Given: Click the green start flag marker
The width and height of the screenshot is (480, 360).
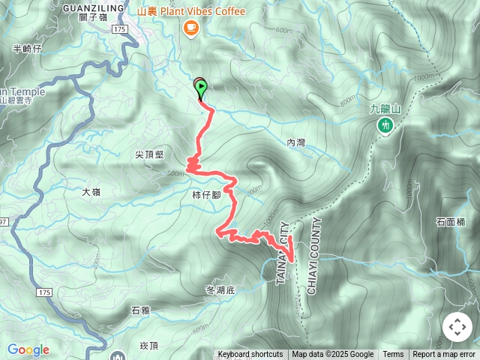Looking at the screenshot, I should pyautogui.click(x=201, y=89).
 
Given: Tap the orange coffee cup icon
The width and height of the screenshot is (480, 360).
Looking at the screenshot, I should pyautogui.click(x=190, y=28).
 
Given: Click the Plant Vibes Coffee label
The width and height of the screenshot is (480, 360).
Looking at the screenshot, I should pyautogui.click(x=191, y=11).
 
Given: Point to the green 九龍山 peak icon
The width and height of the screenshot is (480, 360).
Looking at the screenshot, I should pyautogui.click(x=385, y=125).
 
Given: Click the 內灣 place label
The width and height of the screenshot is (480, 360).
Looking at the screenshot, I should pyautogui.click(x=296, y=142).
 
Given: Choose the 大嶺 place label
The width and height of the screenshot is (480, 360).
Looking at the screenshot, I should pyautogui.click(x=91, y=192).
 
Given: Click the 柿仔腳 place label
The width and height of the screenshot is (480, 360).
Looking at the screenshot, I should pyautogui.click(x=205, y=194).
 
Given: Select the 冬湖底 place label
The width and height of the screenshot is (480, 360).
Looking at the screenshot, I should pyautogui.click(x=220, y=289).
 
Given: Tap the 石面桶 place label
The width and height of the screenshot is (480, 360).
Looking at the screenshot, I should pyautogui.click(x=451, y=223).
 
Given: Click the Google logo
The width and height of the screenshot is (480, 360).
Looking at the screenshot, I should pyautogui.click(x=28, y=349).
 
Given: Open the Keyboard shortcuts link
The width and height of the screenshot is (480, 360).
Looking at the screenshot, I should pyautogui.click(x=250, y=355).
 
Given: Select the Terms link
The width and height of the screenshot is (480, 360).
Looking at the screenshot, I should pyautogui.click(x=393, y=355).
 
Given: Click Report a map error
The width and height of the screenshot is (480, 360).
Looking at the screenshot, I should pyautogui.click(x=444, y=355).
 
